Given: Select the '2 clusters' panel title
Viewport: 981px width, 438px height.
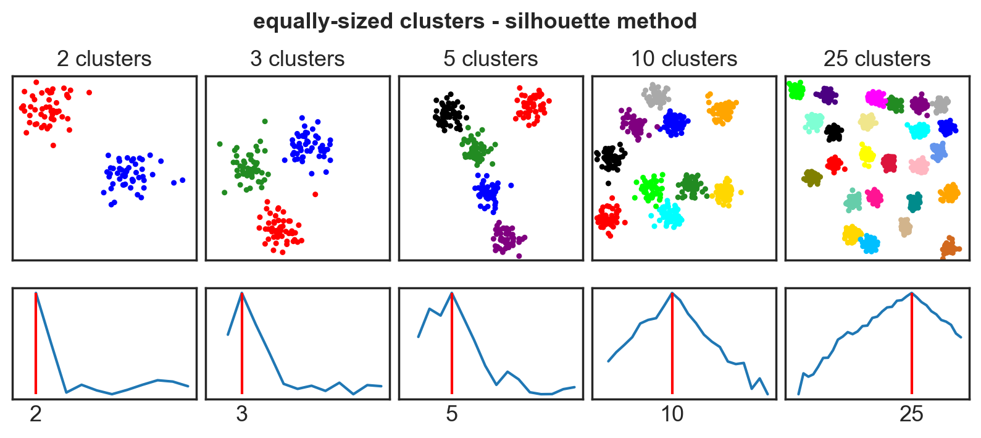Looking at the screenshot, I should pos(104,59).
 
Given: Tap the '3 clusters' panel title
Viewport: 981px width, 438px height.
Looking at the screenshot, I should pos(297,59).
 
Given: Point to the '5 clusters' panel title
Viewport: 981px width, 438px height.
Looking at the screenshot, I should pos(490,59).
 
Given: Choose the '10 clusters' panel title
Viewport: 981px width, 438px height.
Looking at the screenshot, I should pos(683,59).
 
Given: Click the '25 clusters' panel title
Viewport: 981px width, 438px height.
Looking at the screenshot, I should pos(877,59).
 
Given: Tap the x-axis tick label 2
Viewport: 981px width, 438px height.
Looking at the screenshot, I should pos(36,414).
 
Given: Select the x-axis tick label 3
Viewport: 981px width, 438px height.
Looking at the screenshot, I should pos(241,414).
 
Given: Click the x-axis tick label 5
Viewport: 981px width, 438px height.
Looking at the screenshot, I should pos(452,414).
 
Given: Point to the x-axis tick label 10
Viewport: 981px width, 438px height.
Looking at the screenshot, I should pos(672,414).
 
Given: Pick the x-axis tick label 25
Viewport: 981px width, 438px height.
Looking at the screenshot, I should pos(911,414).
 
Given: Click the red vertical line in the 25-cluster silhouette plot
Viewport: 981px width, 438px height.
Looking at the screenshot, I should pos(912,346).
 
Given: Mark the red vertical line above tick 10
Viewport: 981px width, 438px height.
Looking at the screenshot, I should pos(672,346).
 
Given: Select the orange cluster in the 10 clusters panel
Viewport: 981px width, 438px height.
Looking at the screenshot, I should pos(721,111).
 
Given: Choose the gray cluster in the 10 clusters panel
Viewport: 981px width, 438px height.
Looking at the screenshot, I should pos(656,96).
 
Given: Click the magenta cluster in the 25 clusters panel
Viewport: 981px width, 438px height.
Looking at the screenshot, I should pos(875,98).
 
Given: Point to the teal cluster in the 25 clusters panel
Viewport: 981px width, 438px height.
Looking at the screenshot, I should pos(914,201).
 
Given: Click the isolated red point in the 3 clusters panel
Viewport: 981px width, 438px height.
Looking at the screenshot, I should pos(315,194).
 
